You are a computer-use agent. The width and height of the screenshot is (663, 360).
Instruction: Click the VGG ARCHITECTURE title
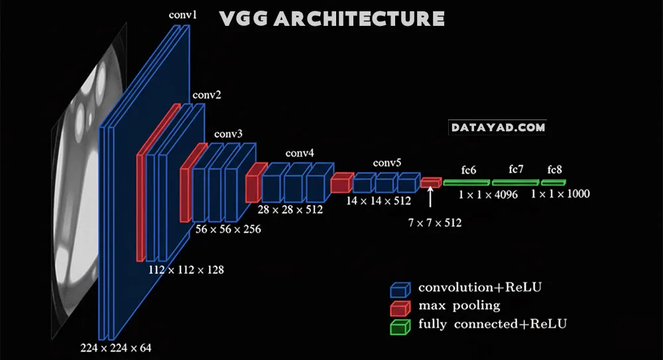tap(331, 18)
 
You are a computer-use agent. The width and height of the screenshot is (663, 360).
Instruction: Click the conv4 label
tap(300, 153)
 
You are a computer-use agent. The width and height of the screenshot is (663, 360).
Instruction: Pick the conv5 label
tap(387, 162)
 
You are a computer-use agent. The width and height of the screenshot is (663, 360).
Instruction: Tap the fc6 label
tap(468, 170)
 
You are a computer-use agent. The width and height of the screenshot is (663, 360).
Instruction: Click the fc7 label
tap(516, 170)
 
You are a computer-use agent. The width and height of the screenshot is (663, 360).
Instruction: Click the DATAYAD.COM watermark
tap(498, 127)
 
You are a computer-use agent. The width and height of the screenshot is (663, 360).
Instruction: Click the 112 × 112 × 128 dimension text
tap(186, 270)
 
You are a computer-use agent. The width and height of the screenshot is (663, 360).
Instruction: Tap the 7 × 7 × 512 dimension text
tap(435, 223)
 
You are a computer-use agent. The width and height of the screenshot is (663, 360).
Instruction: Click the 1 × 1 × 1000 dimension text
tap(560, 194)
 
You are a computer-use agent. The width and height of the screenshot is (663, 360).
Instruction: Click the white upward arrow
tap(431, 197)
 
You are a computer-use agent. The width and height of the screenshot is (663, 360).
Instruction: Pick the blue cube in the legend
tap(399, 290)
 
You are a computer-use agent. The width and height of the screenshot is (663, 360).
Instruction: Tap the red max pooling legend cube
tap(399, 308)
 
